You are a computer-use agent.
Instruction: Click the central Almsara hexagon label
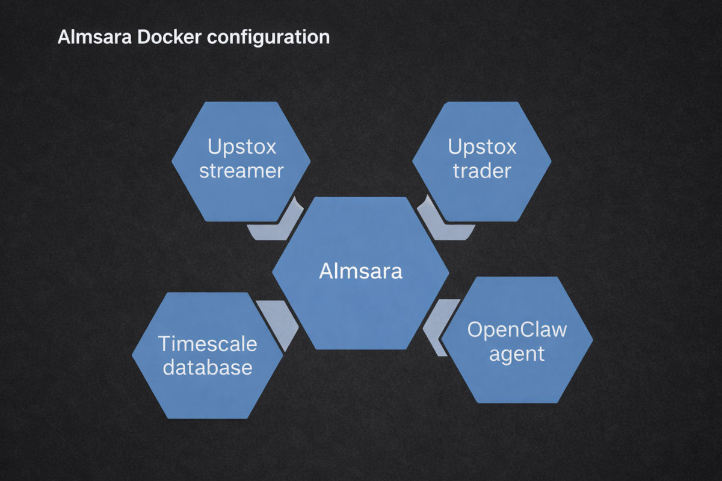pyautogui.click(x=360, y=271)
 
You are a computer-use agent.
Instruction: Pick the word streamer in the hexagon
pyautogui.click(x=241, y=171)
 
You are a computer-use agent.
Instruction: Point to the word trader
pyautogui.click(x=482, y=171)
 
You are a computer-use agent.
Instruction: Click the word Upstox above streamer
pyautogui.click(x=241, y=147)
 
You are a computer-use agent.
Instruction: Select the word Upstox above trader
pyautogui.click(x=482, y=147)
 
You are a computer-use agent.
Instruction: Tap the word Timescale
pyautogui.click(x=208, y=344)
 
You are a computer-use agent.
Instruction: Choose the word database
pyautogui.click(x=208, y=367)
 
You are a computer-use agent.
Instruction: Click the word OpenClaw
pyautogui.click(x=517, y=330)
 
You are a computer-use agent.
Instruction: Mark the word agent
pyautogui.click(x=517, y=354)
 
